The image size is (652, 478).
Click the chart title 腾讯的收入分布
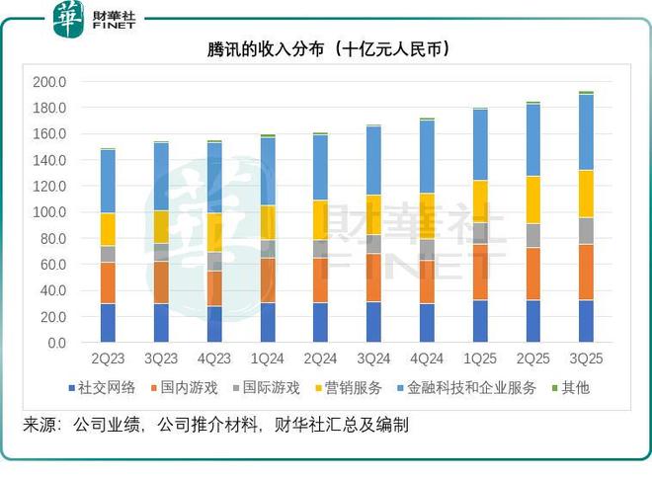click(x=327, y=48)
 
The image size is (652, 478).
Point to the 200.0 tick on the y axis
click(x=49, y=82)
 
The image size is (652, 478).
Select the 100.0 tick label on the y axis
click(x=49, y=212)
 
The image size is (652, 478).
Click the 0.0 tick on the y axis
click(x=55, y=343)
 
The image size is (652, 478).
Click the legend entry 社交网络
click(x=102, y=388)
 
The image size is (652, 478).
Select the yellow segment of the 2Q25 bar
click(x=532, y=199)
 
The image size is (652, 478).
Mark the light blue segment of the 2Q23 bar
click(x=108, y=182)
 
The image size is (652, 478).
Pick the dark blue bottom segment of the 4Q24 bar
click(x=427, y=323)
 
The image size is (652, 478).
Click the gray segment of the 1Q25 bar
click(x=479, y=232)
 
